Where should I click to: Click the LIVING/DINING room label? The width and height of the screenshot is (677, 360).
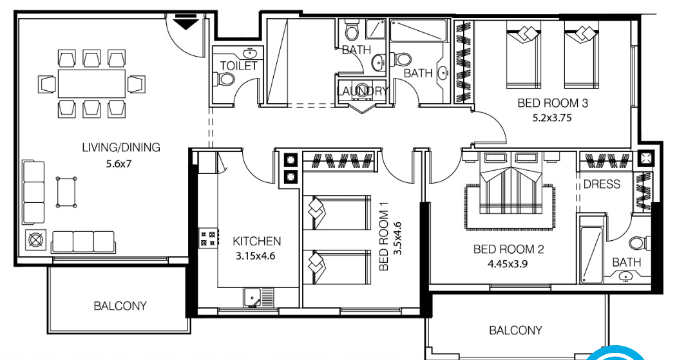pyautogui.click(x=120, y=147)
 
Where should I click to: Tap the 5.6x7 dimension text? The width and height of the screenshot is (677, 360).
pyautogui.click(x=119, y=164)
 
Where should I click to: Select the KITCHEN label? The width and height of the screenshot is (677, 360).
pyautogui.click(x=256, y=242)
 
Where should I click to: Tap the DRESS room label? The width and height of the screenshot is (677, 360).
pyautogui.click(x=602, y=185)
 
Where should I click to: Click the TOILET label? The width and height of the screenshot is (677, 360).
pyautogui.click(x=238, y=66)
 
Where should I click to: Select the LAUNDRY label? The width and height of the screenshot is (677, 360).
pyautogui.click(x=362, y=91)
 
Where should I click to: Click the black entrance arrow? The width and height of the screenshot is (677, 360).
pyautogui.click(x=187, y=23)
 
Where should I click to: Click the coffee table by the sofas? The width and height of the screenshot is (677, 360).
pyautogui.click(x=67, y=192)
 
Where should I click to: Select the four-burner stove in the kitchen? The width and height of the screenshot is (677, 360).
pyautogui.click(x=207, y=238)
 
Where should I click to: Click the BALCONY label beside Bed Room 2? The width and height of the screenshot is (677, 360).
pyautogui.click(x=515, y=330)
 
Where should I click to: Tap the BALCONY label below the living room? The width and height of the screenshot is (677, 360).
pyautogui.click(x=120, y=306)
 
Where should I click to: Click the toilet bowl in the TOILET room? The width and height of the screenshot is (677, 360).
pyautogui.click(x=225, y=79)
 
